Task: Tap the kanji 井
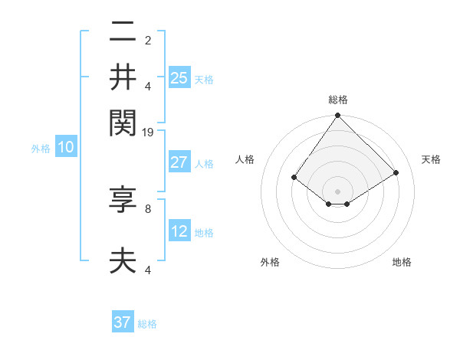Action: pos(123,77)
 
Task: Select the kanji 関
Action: pos(123,121)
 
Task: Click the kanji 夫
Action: pos(123,260)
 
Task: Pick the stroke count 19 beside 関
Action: pos(148,133)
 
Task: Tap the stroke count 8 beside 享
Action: pos(148,208)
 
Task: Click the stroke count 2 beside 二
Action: pos(148,41)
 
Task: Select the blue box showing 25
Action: pos(179,77)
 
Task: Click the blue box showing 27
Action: pos(179,162)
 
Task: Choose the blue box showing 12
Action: pos(179,231)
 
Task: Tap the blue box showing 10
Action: pos(66,148)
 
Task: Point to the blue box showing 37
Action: pos(123,322)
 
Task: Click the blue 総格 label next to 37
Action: pos(148,324)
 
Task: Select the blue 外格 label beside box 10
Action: pos(41,149)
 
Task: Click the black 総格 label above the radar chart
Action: pos(338,100)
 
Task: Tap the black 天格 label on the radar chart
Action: pos(431,159)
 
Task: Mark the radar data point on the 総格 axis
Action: pos(338,116)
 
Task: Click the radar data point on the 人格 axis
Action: pos(294,177)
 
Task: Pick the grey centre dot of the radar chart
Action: pos(338,191)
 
